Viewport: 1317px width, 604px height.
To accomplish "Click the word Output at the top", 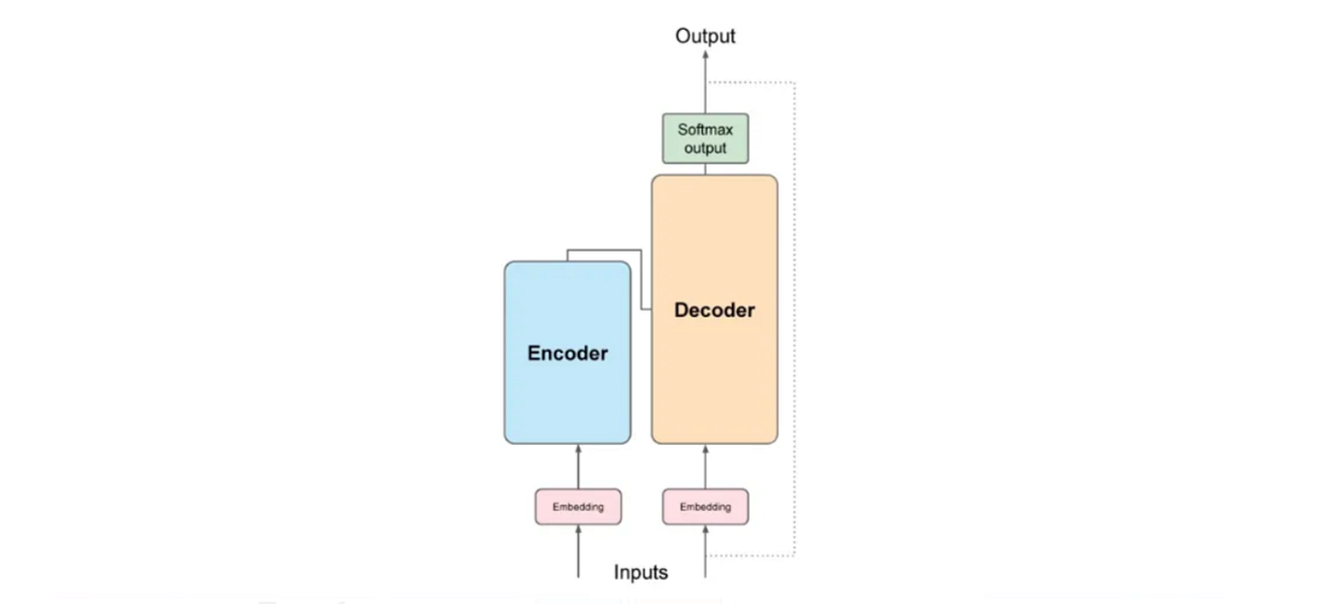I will pyautogui.click(x=705, y=36).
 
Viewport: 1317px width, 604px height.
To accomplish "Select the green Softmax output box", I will pyautogui.click(x=705, y=139).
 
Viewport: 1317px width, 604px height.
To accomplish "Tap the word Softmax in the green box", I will pyautogui.click(x=705, y=129).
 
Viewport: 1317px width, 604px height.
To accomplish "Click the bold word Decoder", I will pyautogui.click(x=714, y=310).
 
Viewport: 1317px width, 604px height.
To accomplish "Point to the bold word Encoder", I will pyautogui.click(x=567, y=353).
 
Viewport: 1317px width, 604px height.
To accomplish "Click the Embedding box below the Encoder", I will pyautogui.click(x=578, y=507).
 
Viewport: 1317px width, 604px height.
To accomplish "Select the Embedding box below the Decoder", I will pyautogui.click(x=705, y=507).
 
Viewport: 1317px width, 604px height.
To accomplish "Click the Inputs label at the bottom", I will pyautogui.click(x=640, y=572).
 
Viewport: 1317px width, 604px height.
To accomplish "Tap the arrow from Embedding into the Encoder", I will pyautogui.click(x=578, y=466).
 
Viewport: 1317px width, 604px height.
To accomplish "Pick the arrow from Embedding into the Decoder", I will pyautogui.click(x=705, y=466).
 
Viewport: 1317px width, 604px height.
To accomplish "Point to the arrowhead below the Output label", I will pyautogui.click(x=705, y=57).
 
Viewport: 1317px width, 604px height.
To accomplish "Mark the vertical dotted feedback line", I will pyautogui.click(x=794, y=320).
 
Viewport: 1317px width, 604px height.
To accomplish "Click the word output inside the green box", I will pyautogui.click(x=705, y=148).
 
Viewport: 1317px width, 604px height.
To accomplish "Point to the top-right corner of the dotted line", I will pyautogui.click(x=794, y=83).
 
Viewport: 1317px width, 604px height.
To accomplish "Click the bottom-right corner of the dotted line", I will pyautogui.click(x=794, y=556).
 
